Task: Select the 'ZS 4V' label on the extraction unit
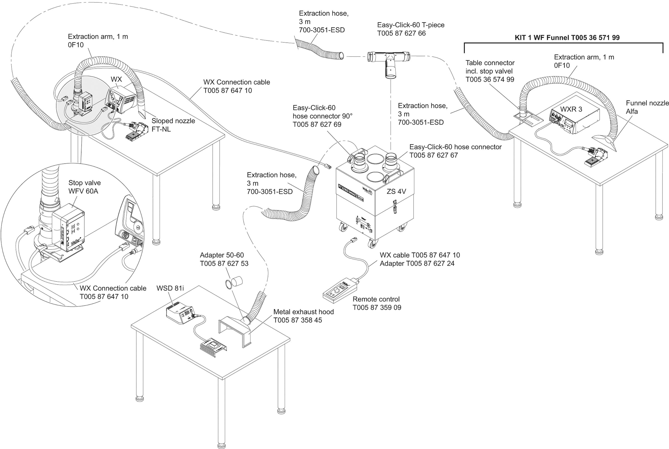point(396,191)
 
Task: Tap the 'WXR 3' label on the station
point(571,109)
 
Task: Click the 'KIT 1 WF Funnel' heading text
point(567,38)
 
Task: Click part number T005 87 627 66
point(401,33)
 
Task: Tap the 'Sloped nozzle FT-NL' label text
point(173,125)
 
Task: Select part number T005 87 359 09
point(377,308)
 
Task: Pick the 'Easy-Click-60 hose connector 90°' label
point(322,116)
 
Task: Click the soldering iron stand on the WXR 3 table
point(597,158)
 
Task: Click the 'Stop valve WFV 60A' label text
point(85,187)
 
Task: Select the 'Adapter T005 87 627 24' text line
point(417,263)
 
